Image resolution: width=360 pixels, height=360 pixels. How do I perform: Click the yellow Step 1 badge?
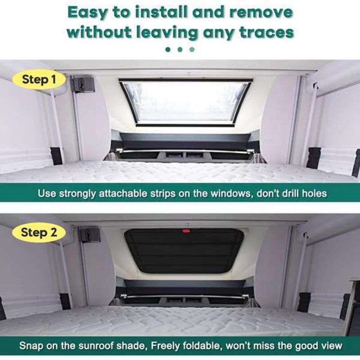(x=39, y=80)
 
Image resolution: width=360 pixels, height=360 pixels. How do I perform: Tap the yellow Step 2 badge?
(x=39, y=232)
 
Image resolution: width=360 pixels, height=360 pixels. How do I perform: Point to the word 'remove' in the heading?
(x=261, y=13)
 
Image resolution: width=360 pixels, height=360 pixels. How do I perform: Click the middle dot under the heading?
(x=180, y=49)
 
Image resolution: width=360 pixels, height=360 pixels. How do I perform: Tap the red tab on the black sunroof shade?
(x=186, y=230)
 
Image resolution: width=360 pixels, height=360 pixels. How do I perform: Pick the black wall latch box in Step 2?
(x=89, y=235)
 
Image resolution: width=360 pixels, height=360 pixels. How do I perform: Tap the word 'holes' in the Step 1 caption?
(x=314, y=193)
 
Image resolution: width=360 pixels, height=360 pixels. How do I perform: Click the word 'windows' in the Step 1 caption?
(x=230, y=193)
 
